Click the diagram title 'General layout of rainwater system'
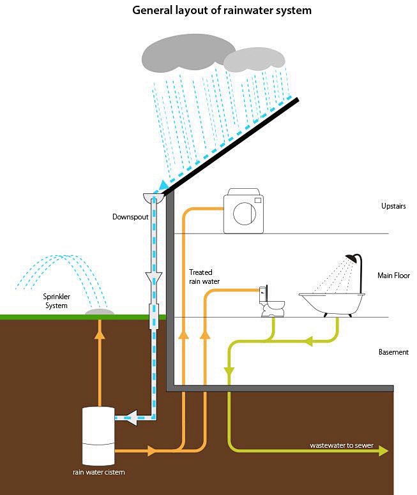[x=222, y=10]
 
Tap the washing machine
[x=243, y=211]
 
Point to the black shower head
[x=351, y=258]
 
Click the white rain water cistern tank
[x=98, y=436]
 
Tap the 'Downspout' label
[x=130, y=217]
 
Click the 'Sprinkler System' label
[x=56, y=301]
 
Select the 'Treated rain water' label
[x=204, y=277]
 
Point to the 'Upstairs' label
[x=393, y=206]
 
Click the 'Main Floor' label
[x=393, y=276]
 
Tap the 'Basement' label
[x=393, y=352]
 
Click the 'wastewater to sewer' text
[x=342, y=445]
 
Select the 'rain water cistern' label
[x=98, y=472]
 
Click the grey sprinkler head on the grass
[x=100, y=312]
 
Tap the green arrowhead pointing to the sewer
[x=384, y=451]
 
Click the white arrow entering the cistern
[x=131, y=418]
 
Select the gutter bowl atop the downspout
[x=154, y=197]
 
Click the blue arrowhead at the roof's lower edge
[x=163, y=185]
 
